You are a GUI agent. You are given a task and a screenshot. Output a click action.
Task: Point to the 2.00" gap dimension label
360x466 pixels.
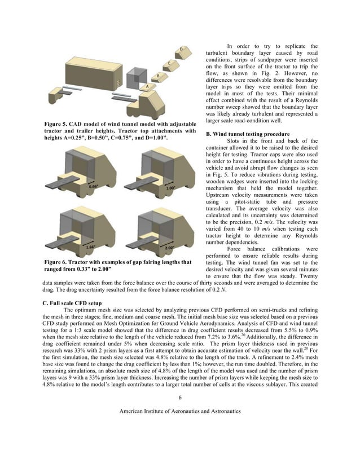[169, 247]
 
